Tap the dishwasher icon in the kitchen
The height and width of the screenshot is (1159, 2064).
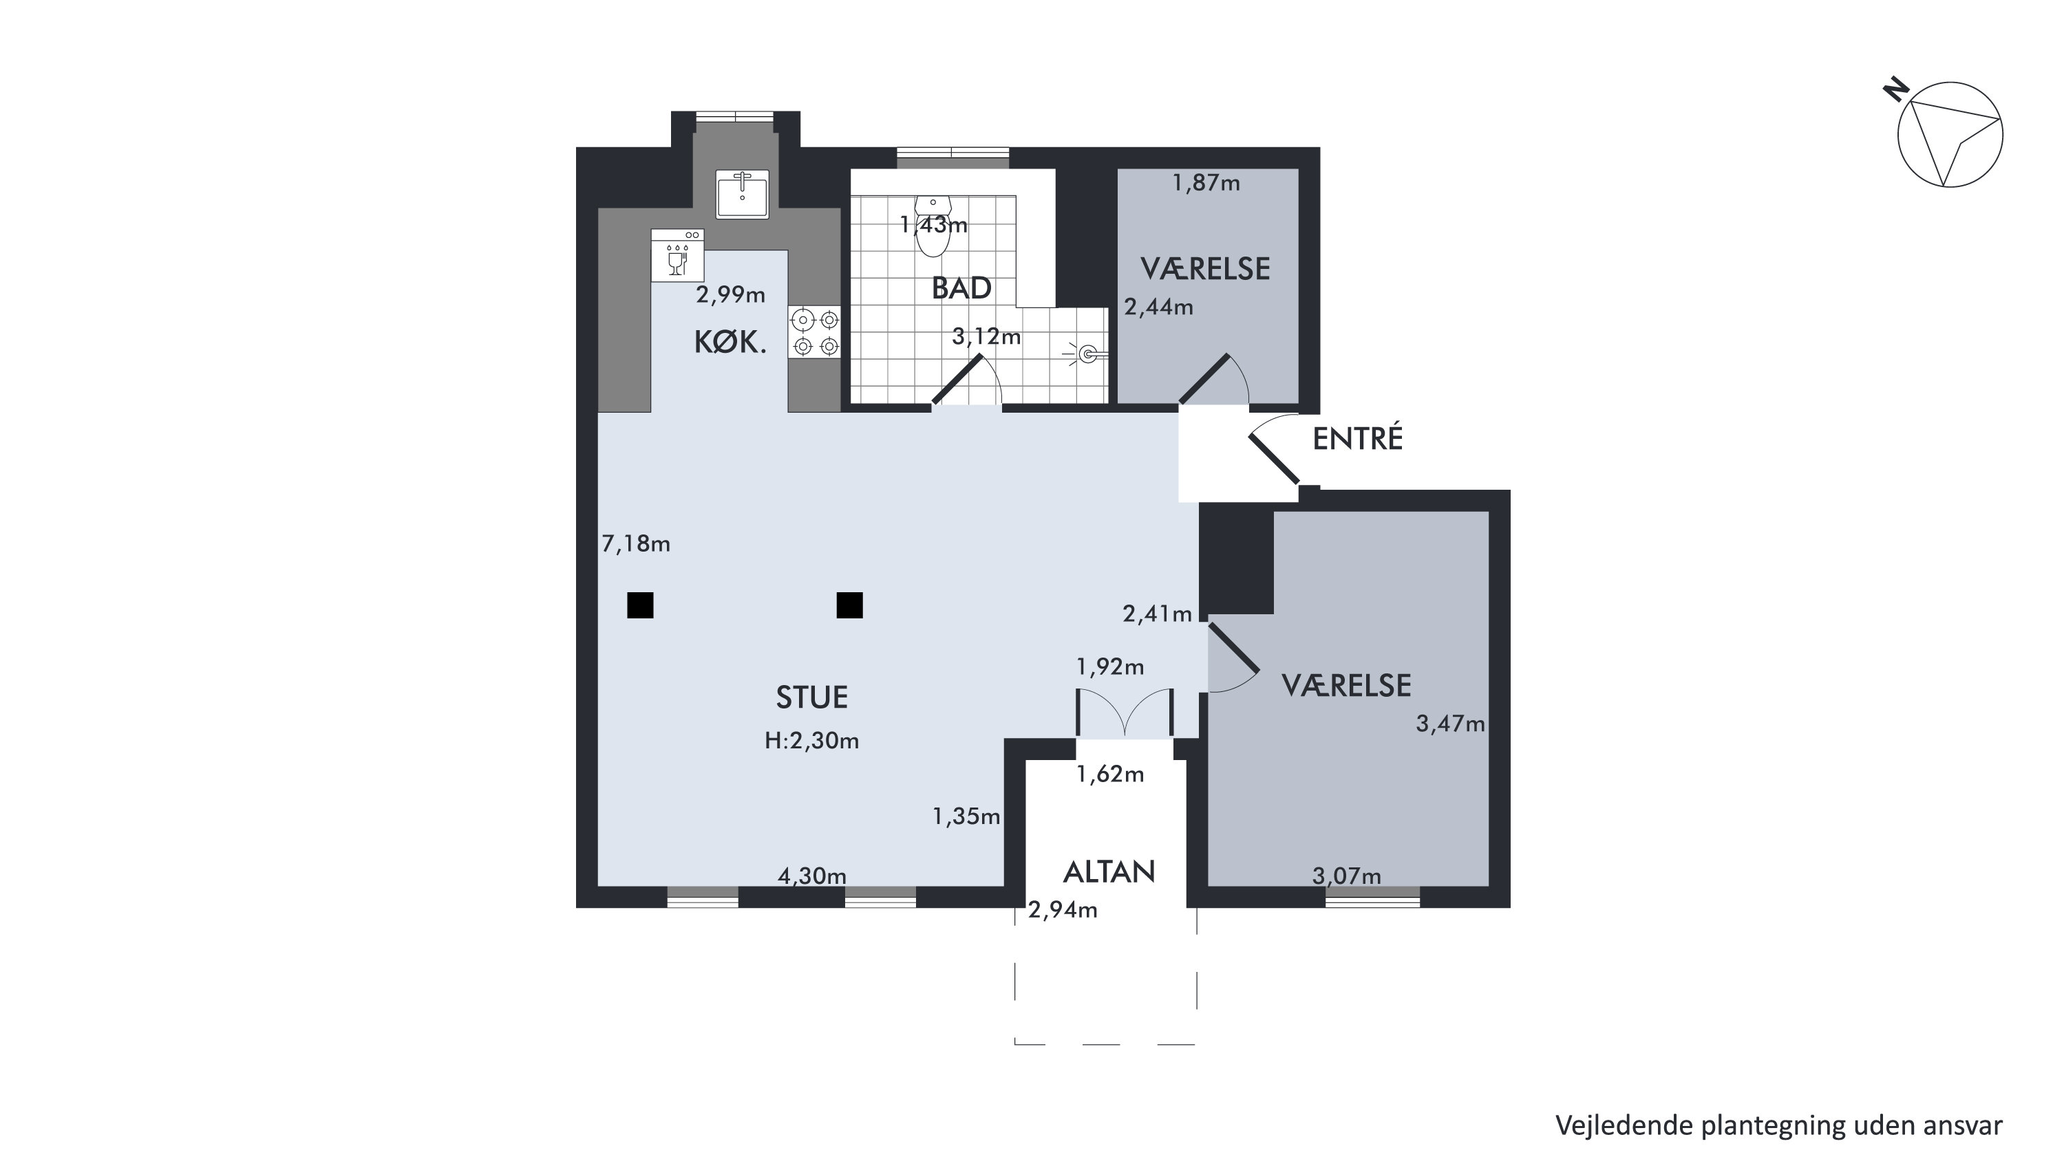678,255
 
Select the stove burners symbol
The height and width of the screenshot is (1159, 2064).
815,333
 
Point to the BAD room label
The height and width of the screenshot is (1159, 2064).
961,288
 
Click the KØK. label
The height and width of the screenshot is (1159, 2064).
730,343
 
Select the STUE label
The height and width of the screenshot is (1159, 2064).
811,697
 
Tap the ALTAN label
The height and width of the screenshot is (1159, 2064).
1109,872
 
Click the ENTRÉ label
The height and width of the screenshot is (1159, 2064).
1357,438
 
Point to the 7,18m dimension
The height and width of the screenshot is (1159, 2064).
636,544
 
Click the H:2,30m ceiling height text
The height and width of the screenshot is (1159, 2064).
811,741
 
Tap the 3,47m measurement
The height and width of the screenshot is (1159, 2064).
1451,724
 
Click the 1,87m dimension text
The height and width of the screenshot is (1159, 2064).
1206,184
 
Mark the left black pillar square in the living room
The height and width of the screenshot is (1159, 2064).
640,605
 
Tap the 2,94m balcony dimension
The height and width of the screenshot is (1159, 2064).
1063,910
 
